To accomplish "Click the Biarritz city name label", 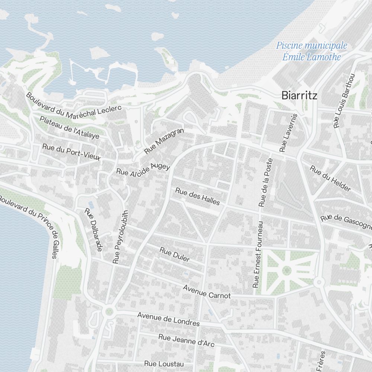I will (299, 95).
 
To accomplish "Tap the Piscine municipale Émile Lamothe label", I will (311, 51).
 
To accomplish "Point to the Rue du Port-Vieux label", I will (71, 152).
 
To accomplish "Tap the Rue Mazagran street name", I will (164, 141).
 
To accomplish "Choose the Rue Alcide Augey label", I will (143, 170).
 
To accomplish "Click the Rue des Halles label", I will (198, 196).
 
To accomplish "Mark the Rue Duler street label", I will (174, 254).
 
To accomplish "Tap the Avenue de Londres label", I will (168, 319).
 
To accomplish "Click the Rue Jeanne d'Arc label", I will (186, 340).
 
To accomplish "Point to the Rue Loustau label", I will (164, 363).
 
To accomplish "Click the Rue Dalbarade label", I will (93, 230).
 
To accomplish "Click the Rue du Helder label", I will (330, 179).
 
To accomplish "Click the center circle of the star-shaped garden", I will (286, 270).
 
